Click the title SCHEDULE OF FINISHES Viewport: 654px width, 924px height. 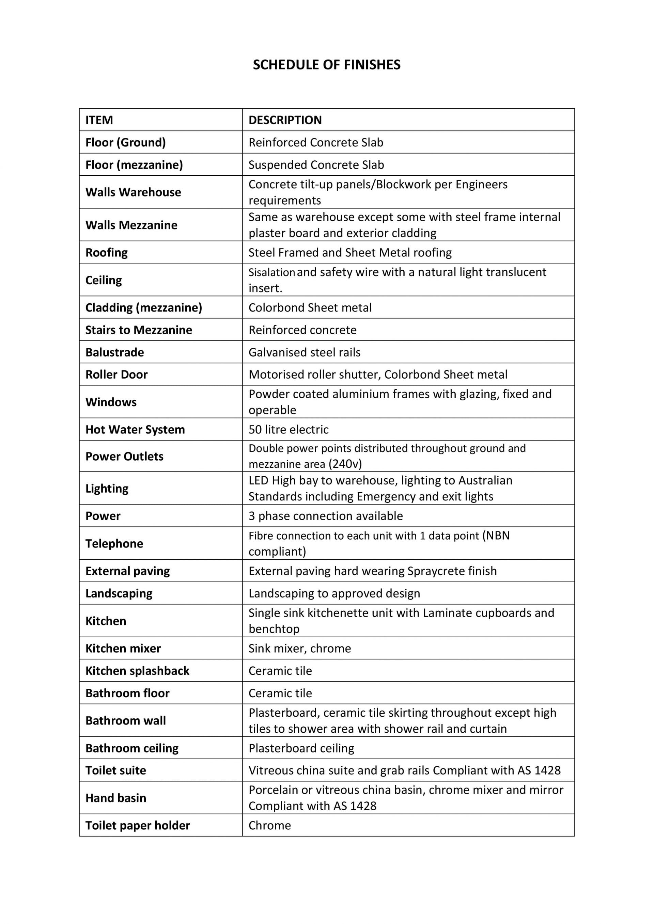327,65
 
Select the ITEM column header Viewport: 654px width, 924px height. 99,120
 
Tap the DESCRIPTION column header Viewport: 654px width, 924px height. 285,120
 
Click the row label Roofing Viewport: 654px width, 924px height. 106,252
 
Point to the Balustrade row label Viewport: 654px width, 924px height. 114,352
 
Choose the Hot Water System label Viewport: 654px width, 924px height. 135,429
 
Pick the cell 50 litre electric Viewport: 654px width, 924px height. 289,429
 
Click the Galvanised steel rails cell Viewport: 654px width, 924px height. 305,352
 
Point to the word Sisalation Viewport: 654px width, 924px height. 272,272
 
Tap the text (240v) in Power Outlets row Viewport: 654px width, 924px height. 345,464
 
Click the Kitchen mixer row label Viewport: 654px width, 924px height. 123,648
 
